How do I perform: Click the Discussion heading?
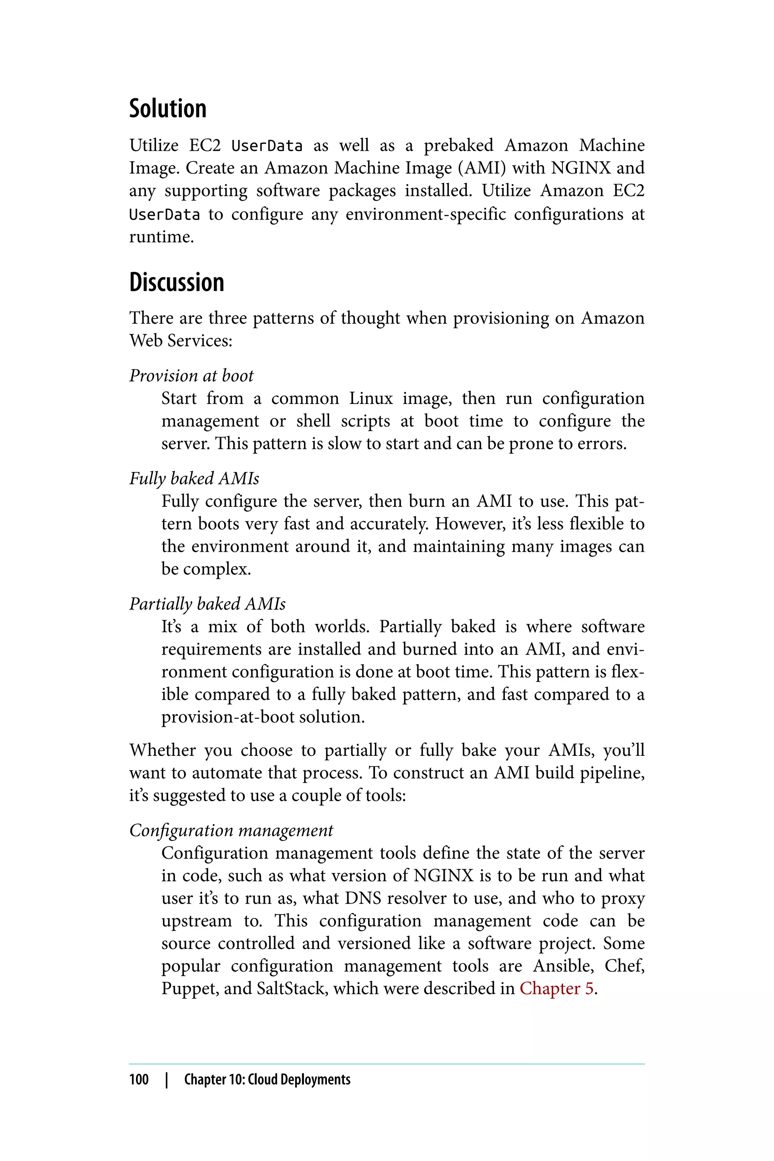click(177, 282)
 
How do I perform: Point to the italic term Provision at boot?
click(191, 376)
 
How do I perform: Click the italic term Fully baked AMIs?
click(194, 478)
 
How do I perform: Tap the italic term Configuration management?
click(231, 830)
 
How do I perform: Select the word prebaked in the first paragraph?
click(458, 145)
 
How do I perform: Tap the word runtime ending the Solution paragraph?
click(161, 237)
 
